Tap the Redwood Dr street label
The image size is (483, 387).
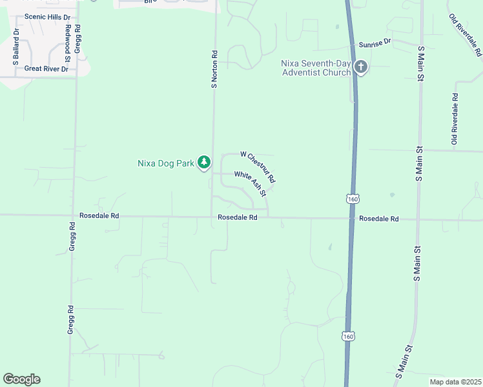(67, 40)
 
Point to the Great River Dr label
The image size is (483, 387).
(46, 69)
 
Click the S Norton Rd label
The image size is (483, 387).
(214, 70)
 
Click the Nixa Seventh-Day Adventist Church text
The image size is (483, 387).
(316, 67)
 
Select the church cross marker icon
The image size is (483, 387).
(360, 66)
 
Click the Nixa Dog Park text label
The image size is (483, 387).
(166, 163)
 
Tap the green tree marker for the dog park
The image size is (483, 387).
(204, 162)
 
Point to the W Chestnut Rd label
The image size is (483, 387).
(258, 166)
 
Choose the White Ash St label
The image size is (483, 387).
(250, 183)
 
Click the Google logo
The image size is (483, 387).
(21, 379)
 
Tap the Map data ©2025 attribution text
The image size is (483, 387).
(455, 382)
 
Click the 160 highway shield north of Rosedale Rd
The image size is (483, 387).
(352, 198)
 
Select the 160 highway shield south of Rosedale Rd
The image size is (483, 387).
(349, 337)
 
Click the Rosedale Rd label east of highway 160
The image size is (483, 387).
(379, 219)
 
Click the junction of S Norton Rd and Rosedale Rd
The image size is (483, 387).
(212, 217)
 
